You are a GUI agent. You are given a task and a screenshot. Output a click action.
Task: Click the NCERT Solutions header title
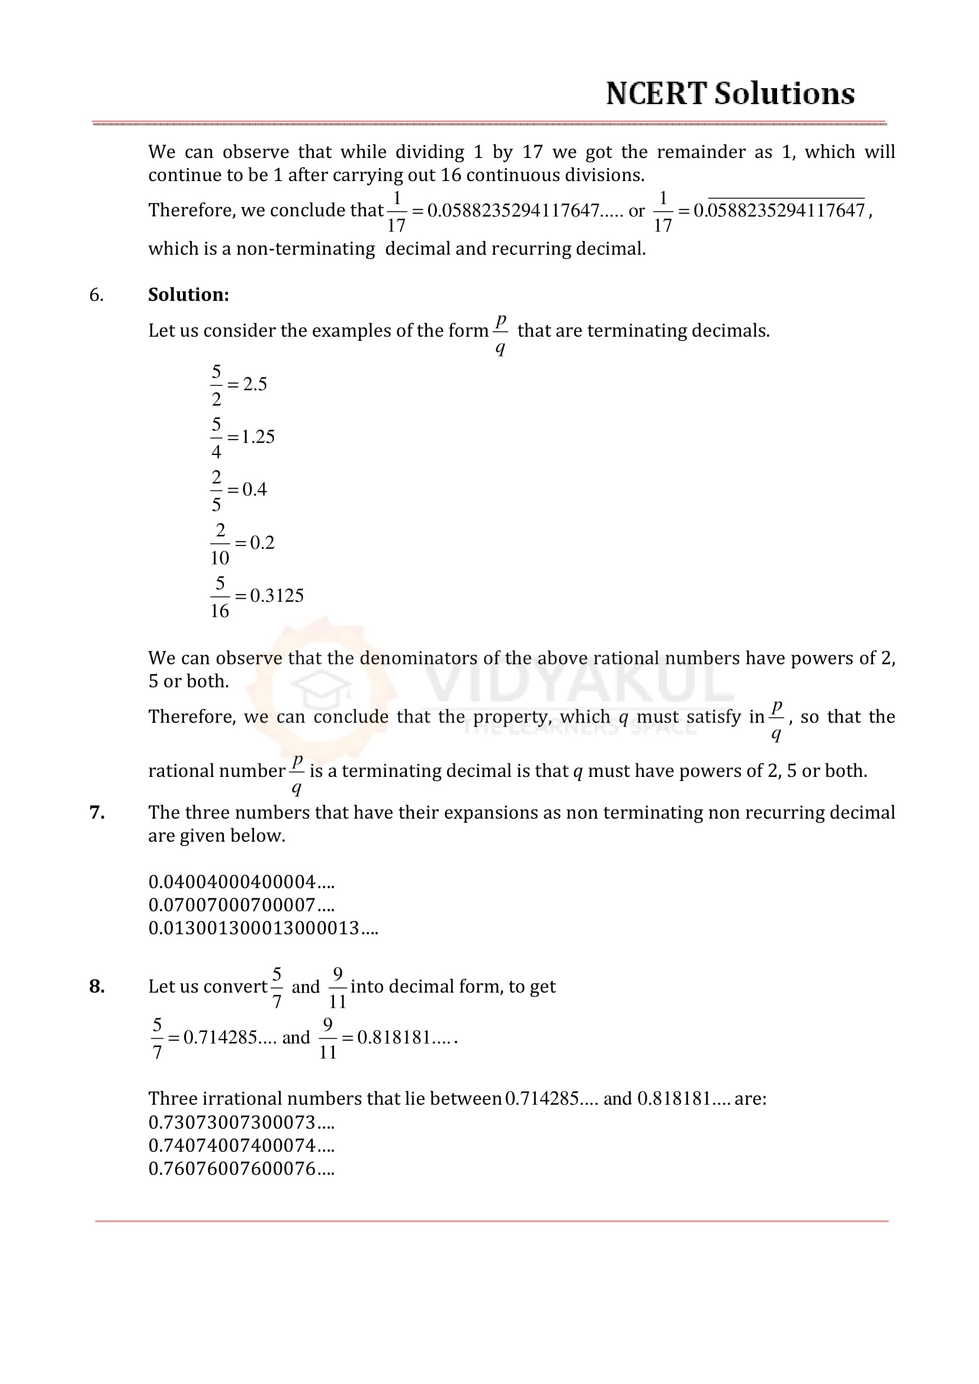coord(730,94)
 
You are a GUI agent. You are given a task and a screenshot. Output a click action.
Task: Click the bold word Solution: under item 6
coord(188,295)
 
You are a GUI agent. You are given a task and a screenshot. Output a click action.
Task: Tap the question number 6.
coord(96,295)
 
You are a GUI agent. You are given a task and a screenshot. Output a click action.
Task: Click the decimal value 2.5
coord(255,384)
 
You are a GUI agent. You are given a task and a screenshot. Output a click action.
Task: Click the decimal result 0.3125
coord(277,596)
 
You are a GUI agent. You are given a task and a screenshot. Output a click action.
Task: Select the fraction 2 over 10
coord(220,544)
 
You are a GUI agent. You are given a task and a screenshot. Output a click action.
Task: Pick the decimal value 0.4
coord(255,489)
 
